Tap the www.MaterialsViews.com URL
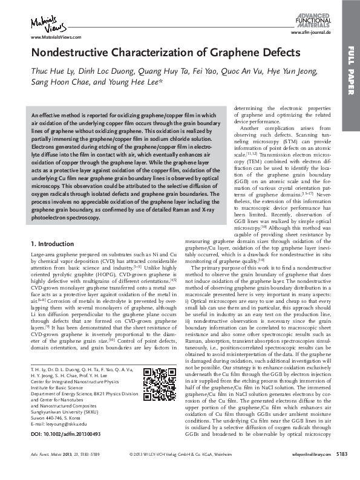(48, 37)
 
